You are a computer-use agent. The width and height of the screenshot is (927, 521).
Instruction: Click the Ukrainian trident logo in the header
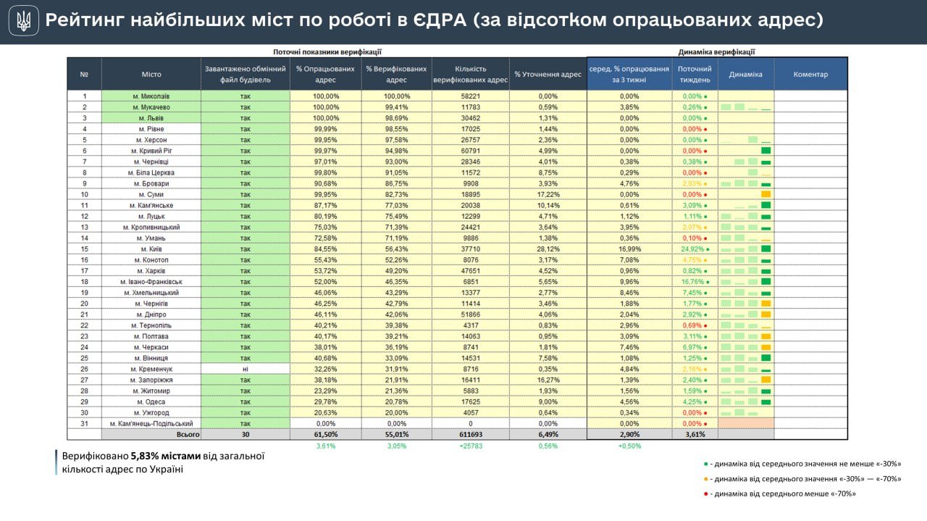tap(24, 21)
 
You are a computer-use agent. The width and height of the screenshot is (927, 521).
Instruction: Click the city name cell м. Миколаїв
tap(151, 96)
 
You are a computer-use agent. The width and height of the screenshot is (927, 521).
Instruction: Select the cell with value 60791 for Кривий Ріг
tap(470, 151)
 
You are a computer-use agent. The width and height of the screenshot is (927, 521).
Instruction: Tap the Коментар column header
tap(810, 74)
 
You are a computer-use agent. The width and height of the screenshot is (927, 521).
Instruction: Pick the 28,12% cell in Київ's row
tap(548, 249)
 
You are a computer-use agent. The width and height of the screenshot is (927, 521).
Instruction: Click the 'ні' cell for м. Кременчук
tap(245, 369)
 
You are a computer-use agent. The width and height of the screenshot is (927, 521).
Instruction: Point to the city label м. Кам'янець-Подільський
tap(151, 423)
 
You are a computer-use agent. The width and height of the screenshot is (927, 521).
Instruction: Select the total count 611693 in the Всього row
tap(470, 434)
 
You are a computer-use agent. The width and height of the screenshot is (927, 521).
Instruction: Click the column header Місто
tap(151, 74)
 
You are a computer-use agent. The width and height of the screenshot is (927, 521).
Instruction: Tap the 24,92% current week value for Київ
tap(693, 249)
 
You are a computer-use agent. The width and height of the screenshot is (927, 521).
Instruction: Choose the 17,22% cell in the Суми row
tap(548, 194)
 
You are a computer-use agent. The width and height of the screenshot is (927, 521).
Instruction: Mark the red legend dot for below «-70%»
tap(706, 494)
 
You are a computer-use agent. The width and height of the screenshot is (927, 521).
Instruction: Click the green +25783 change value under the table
tap(470, 446)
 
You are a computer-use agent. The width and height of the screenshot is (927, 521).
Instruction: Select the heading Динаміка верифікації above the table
tap(716, 51)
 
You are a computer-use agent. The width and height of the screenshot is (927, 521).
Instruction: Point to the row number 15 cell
tap(84, 249)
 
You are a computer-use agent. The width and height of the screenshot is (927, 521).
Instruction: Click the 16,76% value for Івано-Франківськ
tap(693, 281)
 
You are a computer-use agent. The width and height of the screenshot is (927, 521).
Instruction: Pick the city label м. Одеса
tap(151, 401)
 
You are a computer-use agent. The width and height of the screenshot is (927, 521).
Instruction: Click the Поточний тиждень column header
tap(695, 74)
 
